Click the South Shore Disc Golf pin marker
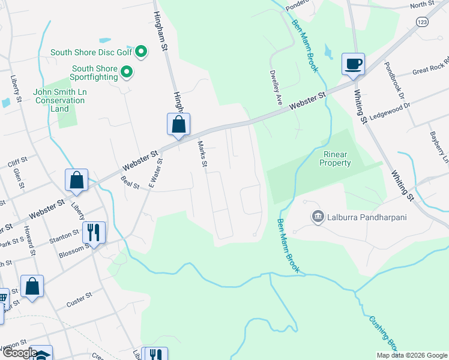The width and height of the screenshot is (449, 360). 141,52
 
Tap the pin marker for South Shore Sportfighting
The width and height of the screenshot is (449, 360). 127,73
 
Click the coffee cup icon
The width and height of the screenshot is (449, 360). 353,64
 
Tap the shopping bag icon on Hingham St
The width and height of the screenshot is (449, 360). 178,124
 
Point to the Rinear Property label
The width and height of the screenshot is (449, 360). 335,158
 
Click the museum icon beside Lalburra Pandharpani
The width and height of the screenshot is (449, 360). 317,216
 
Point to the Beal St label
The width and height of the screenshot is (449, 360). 130,182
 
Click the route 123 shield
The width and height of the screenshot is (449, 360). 423,20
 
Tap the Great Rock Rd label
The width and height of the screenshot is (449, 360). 429,69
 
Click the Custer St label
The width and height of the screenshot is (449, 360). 79,299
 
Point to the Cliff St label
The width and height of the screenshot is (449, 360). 17,161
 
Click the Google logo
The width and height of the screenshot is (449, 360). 19,353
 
